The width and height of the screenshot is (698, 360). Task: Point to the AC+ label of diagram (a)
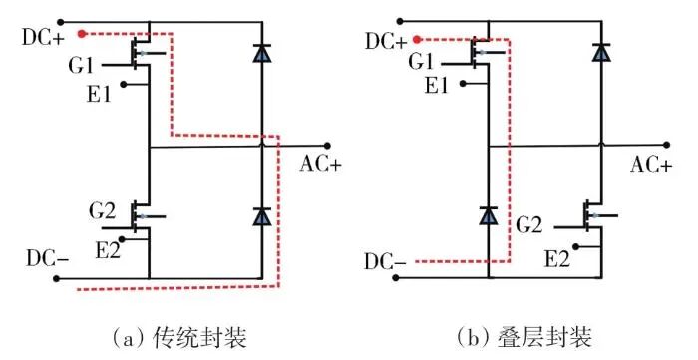pyautogui.click(x=320, y=164)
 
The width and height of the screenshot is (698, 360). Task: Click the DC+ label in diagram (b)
pyautogui.click(x=387, y=42)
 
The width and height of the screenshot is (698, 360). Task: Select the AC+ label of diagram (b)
pyautogui.click(x=652, y=165)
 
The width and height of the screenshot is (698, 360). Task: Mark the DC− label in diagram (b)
pyautogui.click(x=386, y=265)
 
